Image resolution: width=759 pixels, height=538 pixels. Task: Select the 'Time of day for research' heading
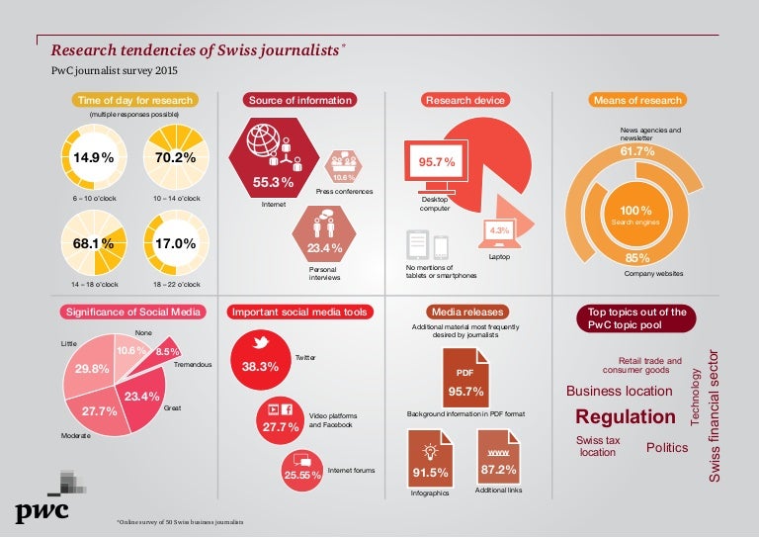(135, 100)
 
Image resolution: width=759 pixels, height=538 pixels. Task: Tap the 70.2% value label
(175, 157)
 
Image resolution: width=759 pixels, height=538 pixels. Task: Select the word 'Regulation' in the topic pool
(626, 416)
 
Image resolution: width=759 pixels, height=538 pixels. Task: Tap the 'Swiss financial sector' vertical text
(717, 415)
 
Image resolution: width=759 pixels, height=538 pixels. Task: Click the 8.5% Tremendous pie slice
(167, 350)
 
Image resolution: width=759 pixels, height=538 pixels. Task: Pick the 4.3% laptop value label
(498, 230)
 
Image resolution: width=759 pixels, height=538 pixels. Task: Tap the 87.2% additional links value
(498, 469)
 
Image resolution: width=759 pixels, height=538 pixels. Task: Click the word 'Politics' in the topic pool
(667, 448)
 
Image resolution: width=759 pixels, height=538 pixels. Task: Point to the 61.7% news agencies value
(637, 151)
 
